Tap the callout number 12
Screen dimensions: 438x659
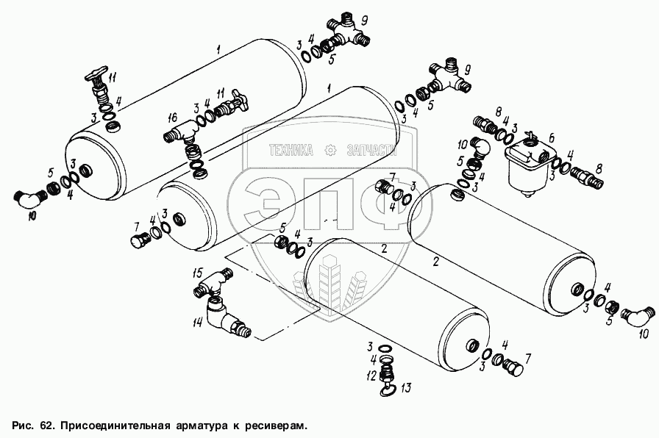click(373, 374)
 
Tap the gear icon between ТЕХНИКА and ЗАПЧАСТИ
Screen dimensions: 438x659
click(329, 150)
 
